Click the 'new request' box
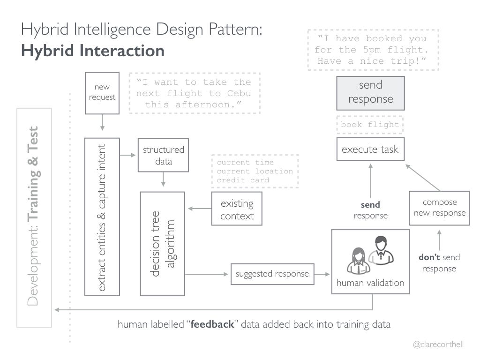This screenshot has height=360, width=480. (102, 93)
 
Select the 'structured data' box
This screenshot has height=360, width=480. (163, 155)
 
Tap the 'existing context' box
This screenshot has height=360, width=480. (237, 209)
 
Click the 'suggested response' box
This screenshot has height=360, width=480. (272, 274)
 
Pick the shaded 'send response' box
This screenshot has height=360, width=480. (370, 93)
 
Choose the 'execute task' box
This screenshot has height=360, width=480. (370, 149)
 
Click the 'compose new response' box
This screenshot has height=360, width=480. (439, 208)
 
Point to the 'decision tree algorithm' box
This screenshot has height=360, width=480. (162, 244)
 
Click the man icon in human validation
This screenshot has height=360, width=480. (381, 250)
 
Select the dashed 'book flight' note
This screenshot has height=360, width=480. (370, 125)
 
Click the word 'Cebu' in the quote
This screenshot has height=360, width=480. (239, 93)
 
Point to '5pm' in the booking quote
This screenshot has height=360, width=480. (372, 50)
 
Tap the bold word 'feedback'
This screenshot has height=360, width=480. (212, 324)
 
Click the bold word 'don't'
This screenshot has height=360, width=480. (429, 257)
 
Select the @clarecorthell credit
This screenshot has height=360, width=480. (438, 345)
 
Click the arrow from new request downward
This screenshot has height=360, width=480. (102, 122)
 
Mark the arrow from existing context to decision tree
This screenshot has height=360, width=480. (200, 209)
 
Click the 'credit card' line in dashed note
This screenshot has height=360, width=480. (243, 180)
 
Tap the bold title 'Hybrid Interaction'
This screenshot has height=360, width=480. (93, 51)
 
